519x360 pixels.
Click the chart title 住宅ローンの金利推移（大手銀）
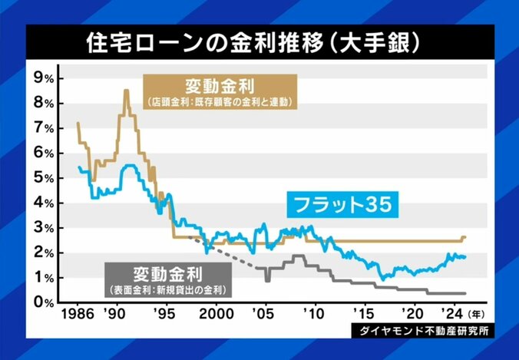click(x=259, y=42)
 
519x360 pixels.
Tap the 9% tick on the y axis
click(x=44, y=78)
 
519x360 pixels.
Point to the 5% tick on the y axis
click(x=44, y=178)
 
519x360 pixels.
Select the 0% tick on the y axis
click(x=44, y=302)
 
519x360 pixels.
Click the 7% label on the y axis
click(x=44, y=128)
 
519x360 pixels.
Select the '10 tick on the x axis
click(x=314, y=315)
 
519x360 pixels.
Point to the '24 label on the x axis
click(x=451, y=315)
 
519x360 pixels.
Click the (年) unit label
click(x=476, y=315)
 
